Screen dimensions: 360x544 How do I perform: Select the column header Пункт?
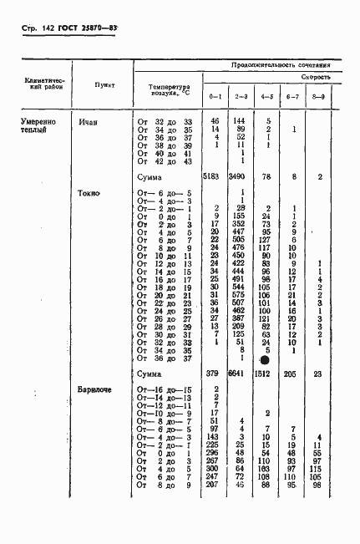pos(105,85)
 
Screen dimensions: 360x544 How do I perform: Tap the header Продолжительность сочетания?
pos(287,64)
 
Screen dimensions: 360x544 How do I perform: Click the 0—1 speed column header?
pos(215,97)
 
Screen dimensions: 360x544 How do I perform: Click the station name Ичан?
pos(89,122)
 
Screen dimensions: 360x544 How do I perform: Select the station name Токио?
pos(89,193)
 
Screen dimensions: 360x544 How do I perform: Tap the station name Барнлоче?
pos(94,389)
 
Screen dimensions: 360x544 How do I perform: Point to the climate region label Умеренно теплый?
pos(39,126)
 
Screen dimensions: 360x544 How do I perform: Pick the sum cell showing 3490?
pos(240,178)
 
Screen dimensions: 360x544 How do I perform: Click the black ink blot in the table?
pos(265,360)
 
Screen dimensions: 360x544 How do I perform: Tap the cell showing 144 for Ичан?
pos(241,122)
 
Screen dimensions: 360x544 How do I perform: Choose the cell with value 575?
pos(241,294)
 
